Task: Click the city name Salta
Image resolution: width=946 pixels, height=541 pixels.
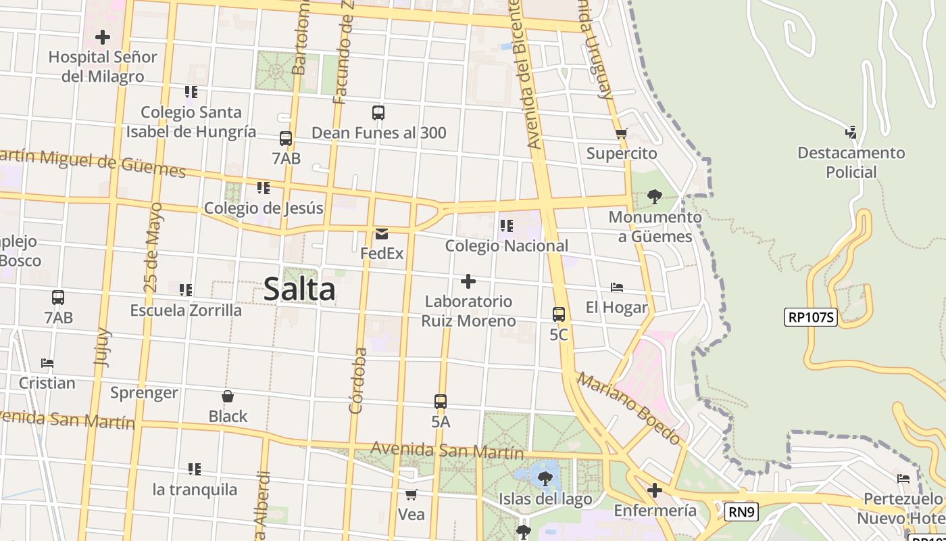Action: (299, 289)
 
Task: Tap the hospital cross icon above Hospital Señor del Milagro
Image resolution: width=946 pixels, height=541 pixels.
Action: (103, 37)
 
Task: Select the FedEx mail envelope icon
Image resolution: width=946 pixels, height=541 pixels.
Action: (382, 235)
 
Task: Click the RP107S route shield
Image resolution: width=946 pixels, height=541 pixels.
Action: (811, 317)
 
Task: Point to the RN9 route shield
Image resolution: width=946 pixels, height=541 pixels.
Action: (741, 512)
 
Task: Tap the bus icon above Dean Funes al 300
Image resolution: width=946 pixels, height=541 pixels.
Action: (378, 113)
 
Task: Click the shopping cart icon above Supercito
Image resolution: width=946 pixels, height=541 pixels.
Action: (622, 133)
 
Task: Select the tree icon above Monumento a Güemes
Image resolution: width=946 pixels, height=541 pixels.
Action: (654, 197)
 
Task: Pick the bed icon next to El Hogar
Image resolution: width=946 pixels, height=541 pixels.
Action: (616, 287)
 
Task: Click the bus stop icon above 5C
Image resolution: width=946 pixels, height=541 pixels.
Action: (559, 314)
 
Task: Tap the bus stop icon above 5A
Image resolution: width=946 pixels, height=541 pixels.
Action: (441, 402)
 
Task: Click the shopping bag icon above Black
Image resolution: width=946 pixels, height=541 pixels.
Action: (228, 396)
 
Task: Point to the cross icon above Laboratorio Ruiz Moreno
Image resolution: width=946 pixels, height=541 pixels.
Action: (468, 281)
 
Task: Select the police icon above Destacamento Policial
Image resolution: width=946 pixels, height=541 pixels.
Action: (851, 133)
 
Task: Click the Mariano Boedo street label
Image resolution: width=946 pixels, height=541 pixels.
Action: (628, 408)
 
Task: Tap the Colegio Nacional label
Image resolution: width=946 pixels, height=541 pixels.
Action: (506, 246)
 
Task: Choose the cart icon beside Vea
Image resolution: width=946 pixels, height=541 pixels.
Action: (411, 495)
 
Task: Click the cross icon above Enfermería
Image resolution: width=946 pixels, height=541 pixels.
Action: (654, 490)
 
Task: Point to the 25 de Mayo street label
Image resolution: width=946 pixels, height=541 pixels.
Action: (153, 247)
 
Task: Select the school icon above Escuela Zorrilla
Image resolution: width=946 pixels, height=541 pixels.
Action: (186, 290)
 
